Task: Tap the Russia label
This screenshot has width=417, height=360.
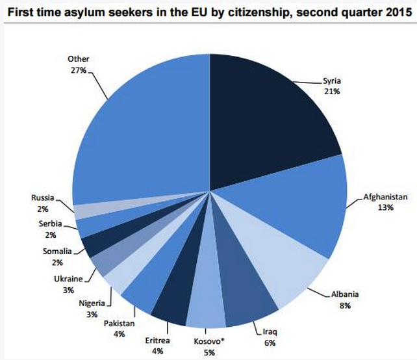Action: coord(43,196)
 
